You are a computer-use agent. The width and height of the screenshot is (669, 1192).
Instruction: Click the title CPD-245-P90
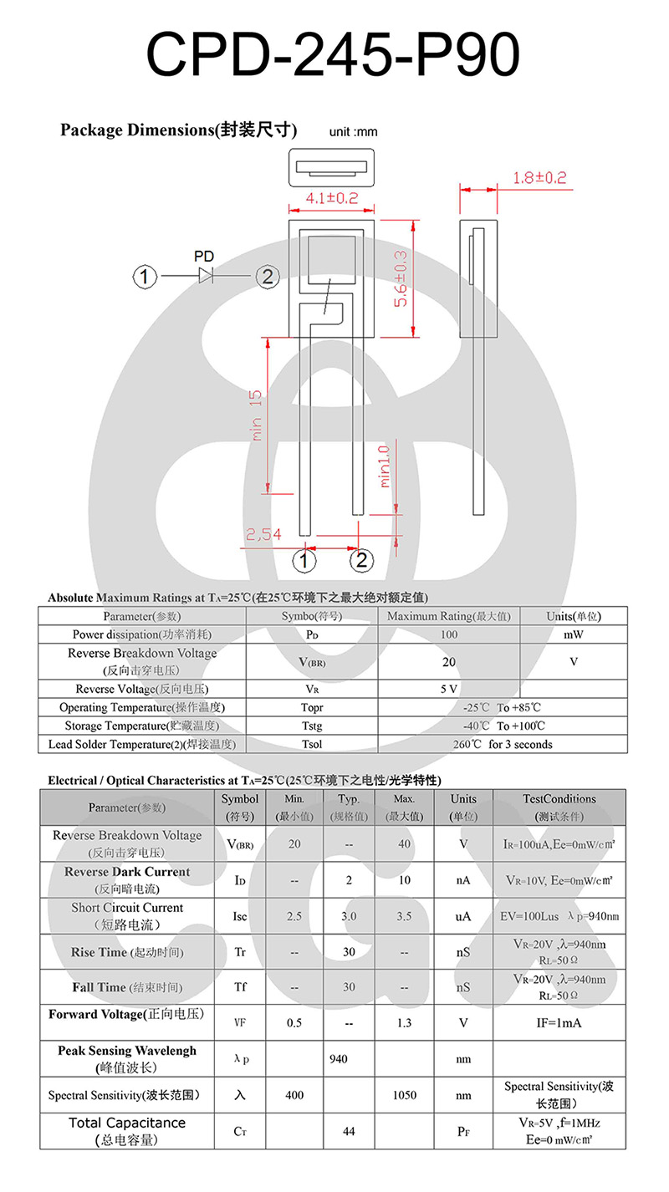pyautogui.click(x=333, y=57)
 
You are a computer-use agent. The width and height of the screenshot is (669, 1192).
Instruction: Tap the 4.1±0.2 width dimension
pyautogui.click(x=331, y=198)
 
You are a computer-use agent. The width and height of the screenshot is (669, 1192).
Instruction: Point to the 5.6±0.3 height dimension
pyautogui.click(x=401, y=278)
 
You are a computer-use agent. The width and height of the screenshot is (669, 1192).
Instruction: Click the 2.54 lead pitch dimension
pyautogui.click(x=263, y=534)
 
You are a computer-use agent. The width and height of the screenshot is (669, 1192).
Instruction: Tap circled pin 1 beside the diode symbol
pyautogui.click(x=146, y=277)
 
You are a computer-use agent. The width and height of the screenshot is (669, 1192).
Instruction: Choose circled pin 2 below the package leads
pyautogui.click(x=361, y=559)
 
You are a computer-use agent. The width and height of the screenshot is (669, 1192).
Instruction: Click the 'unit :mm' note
pyautogui.click(x=353, y=132)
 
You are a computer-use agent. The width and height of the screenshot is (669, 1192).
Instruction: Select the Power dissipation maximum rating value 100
pyautogui.click(x=448, y=634)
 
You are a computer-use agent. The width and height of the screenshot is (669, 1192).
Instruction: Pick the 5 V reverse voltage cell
pyautogui.click(x=448, y=690)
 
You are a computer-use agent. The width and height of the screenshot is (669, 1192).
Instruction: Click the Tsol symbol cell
pyautogui.click(x=312, y=744)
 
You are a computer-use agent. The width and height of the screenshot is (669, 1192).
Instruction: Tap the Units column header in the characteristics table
pyautogui.click(x=462, y=807)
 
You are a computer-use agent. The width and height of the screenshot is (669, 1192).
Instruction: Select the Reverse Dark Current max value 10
pyautogui.click(x=405, y=880)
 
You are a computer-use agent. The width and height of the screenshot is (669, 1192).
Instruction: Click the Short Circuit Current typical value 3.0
pyautogui.click(x=349, y=916)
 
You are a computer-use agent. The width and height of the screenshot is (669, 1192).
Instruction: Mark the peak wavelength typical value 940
pyautogui.click(x=339, y=1059)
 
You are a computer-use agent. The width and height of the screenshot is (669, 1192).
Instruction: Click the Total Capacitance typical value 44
pyautogui.click(x=349, y=1131)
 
